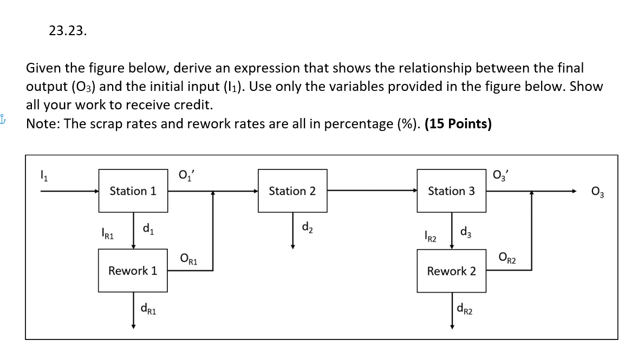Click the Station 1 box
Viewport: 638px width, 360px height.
(133, 191)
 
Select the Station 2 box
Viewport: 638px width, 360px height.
(292, 191)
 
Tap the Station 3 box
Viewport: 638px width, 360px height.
(451, 191)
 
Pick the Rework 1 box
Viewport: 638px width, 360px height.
(133, 270)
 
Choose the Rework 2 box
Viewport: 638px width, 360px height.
(451, 271)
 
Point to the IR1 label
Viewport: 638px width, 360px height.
(108, 235)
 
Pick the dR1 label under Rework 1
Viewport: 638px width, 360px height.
(148, 309)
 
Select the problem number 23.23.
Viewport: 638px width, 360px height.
(67, 31)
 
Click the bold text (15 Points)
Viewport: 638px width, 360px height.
(458, 124)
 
